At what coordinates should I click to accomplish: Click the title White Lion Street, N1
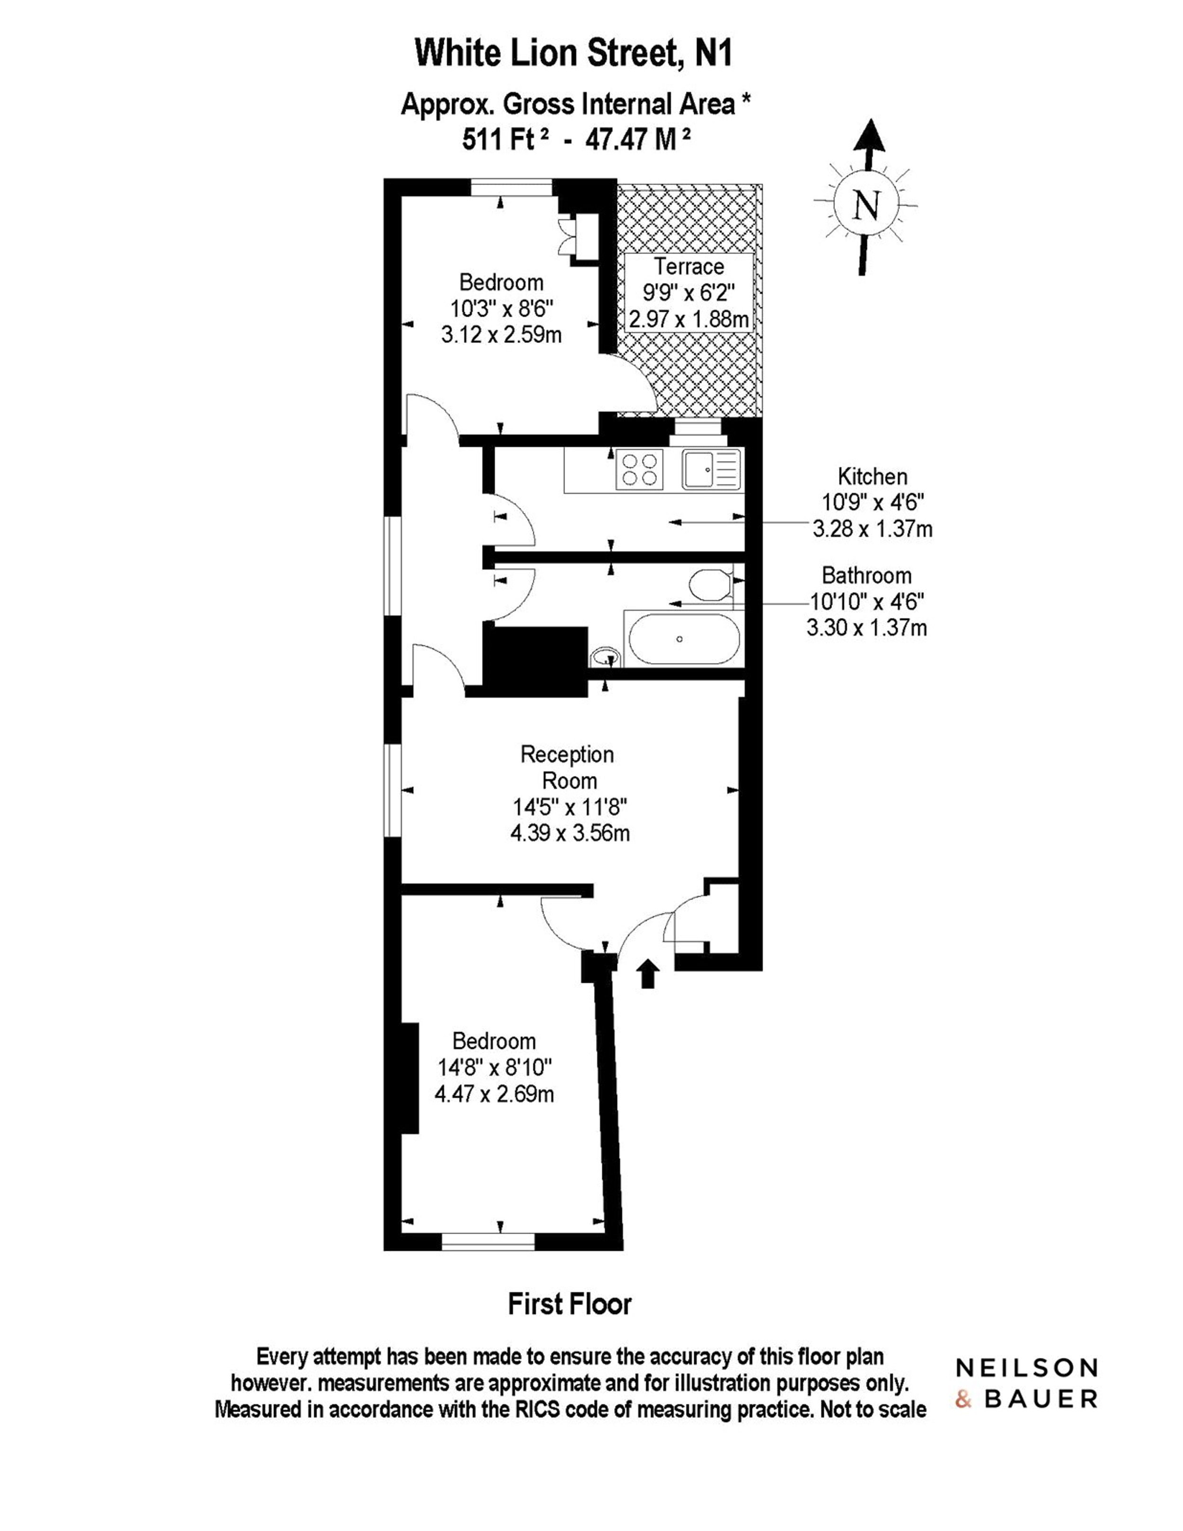tap(574, 53)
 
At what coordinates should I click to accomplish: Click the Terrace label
tap(689, 267)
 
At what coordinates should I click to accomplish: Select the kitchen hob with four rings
tap(639, 469)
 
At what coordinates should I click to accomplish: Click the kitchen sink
tap(712, 469)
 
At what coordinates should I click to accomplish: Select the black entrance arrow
tap(647, 973)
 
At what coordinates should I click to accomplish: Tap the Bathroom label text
tap(867, 575)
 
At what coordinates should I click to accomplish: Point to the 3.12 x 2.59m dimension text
tap(502, 334)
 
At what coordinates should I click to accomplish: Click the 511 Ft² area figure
tap(505, 140)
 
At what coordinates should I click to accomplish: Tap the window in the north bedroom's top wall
tap(512, 187)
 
